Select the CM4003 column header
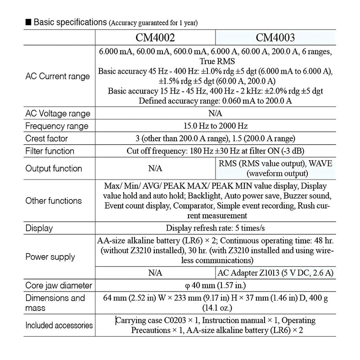coord(275,36)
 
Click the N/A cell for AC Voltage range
coord(215,114)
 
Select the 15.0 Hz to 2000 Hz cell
coord(215,126)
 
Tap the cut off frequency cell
coord(215,151)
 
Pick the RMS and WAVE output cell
coord(275,168)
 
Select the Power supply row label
coord(50,257)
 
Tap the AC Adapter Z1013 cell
coord(275,273)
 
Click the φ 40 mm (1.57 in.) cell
coord(215,285)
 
